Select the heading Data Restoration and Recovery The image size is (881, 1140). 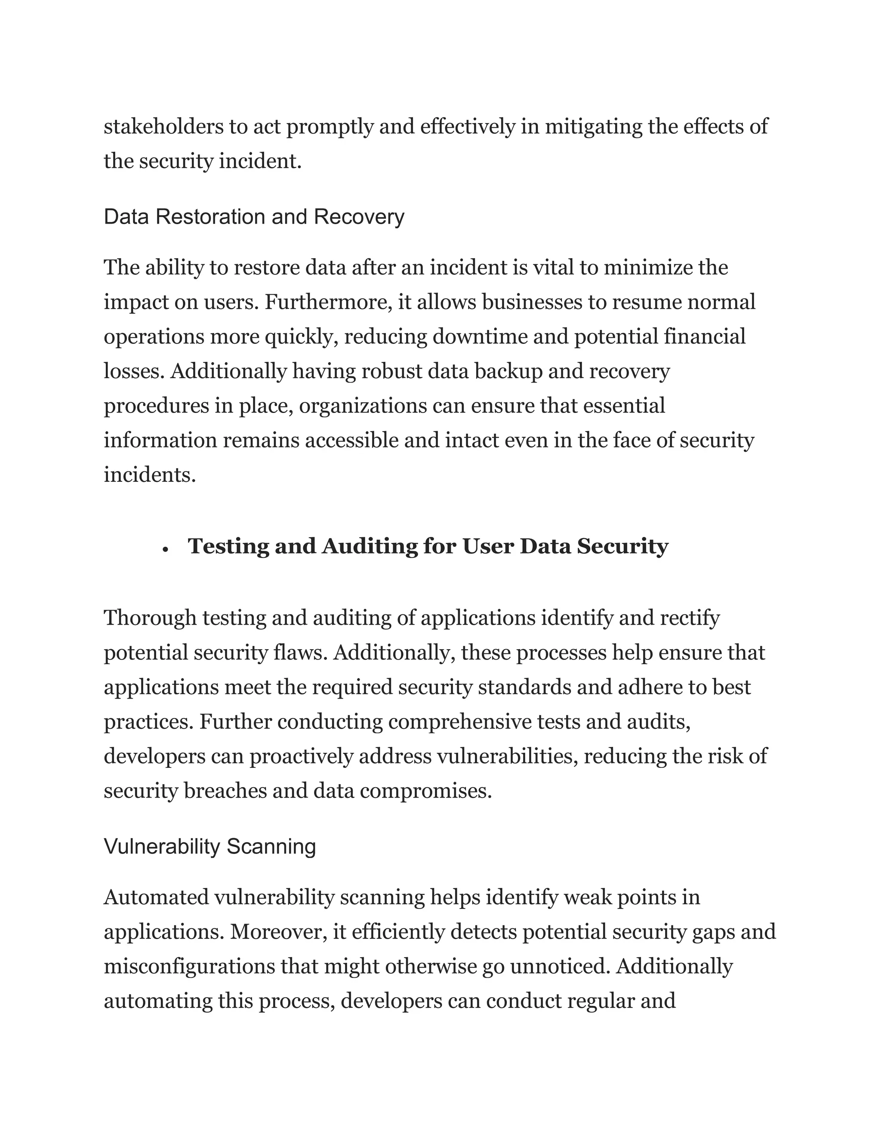[x=254, y=217]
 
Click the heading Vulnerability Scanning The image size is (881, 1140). [x=210, y=846]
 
